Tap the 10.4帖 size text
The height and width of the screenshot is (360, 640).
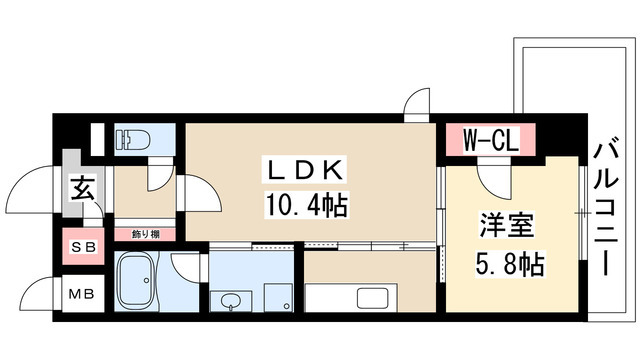pyautogui.click(x=306, y=207)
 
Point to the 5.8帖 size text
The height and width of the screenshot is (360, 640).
pyautogui.click(x=510, y=265)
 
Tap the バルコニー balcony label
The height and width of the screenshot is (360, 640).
pyautogui.click(x=605, y=210)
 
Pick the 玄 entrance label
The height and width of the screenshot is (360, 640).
pyautogui.click(x=81, y=188)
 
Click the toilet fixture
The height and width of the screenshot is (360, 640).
pyautogui.click(x=132, y=137)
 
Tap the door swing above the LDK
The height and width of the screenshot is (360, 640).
pyautogui.click(x=416, y=105)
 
